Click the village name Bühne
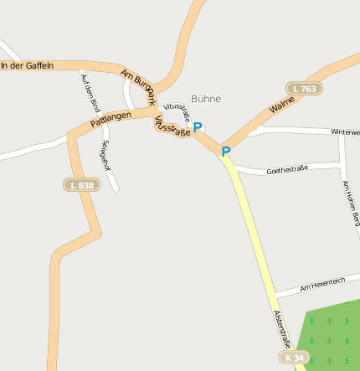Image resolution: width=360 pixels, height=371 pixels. coord(206,99)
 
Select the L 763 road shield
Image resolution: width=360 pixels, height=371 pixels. coord(303,88)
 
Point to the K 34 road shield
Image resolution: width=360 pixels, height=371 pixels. coord(293,358)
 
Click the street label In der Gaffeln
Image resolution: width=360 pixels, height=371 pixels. coord(27,65)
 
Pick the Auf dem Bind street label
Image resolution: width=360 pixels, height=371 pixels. coord(90,92)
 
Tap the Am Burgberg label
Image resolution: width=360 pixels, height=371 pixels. coord(139,86)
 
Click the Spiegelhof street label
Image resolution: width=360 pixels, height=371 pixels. coord(105,155)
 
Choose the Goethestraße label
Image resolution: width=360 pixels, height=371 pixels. coord(287,170)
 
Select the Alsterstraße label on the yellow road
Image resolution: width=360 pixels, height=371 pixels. coord(282,329)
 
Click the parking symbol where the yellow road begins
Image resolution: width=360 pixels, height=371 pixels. coord(225,152)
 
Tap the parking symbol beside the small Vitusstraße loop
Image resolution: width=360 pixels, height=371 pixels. coord(198,127)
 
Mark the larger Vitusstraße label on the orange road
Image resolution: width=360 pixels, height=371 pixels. coord(173,131)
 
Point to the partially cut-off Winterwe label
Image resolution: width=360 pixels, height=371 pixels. coord(345,132)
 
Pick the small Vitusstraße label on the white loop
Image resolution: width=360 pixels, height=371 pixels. coord(177,111)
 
